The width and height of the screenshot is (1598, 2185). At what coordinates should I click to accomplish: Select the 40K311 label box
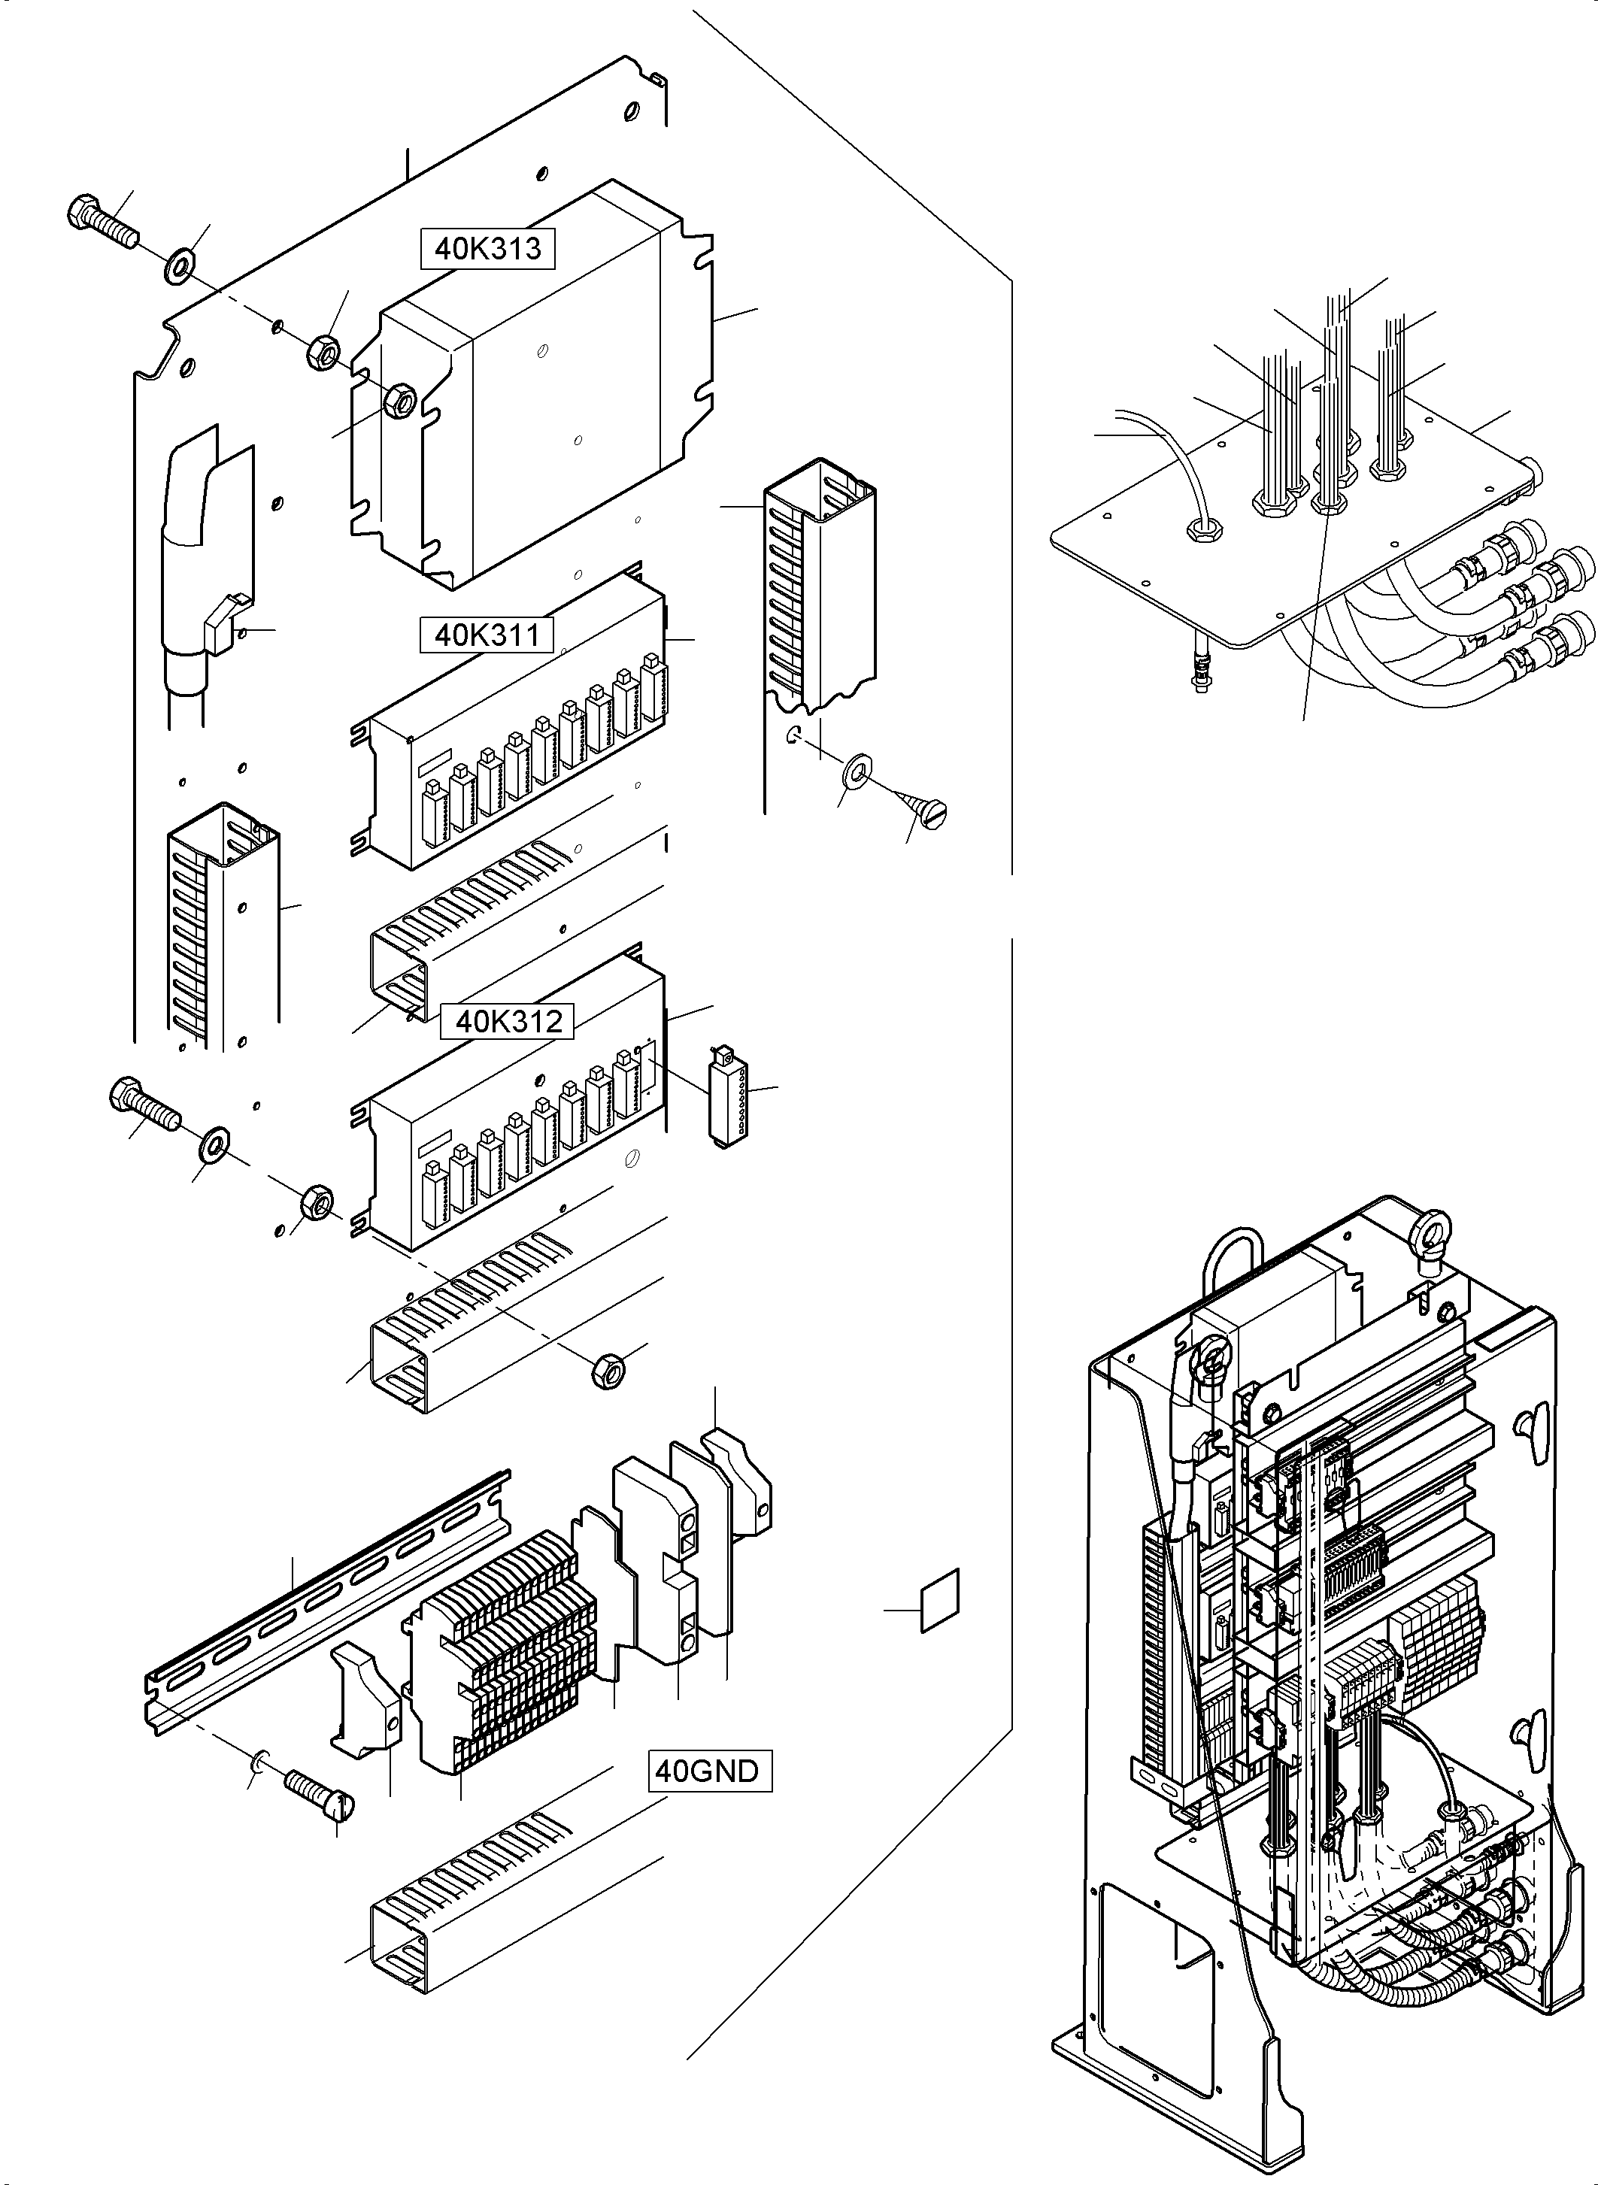point(487,635)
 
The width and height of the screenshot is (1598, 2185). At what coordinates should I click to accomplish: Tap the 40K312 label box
point(508,1021)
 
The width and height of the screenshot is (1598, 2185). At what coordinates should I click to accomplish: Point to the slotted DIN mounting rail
point(329,1596)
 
